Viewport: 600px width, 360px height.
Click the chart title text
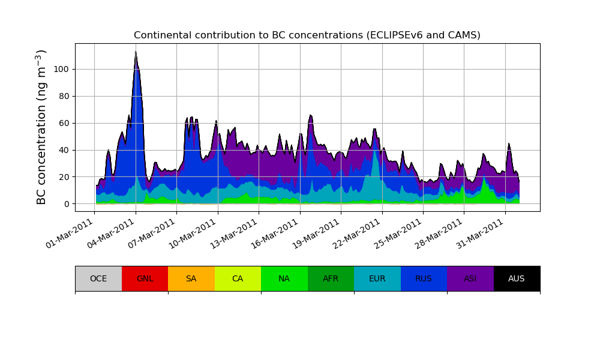click(307, 35)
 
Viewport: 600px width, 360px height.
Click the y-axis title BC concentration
click(41, 127)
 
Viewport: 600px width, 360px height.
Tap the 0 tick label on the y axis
click(66, 204)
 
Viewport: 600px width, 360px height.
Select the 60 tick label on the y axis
click(64, 123)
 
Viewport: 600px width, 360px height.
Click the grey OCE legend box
click(98, 278)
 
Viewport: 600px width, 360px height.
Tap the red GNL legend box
click(145, 278)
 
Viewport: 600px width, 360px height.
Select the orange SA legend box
click(191, 278)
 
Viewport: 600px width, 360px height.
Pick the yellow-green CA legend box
click(238, 278)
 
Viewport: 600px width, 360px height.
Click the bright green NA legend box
click(284, 278)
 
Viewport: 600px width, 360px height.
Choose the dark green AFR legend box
click(331, 278)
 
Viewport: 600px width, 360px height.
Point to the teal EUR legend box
click(377, 278)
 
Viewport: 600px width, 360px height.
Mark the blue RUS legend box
click(424, 278)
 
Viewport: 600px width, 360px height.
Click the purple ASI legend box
click(470, 278)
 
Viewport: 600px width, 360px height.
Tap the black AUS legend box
click(517, 278)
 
